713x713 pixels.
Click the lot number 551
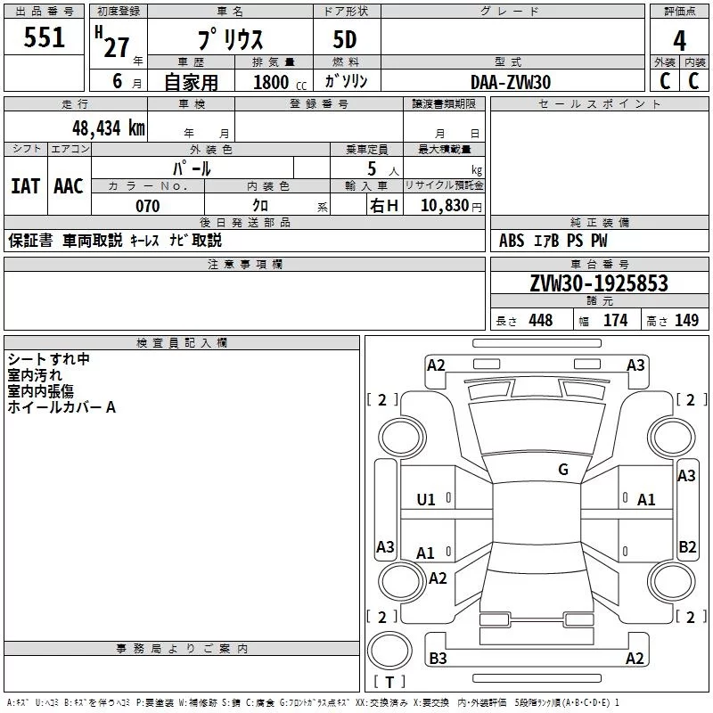[44, 37]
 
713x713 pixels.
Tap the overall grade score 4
[679, 40]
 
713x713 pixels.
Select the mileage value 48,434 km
[109, 128]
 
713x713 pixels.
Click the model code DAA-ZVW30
[510, 82]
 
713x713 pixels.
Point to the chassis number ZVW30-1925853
[599, 283]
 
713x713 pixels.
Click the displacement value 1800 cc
[280, 82]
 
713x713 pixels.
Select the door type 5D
[345, 40]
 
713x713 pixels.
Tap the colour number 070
[148, 206]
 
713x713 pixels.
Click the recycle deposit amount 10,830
[444, 205]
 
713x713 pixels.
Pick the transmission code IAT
[26, 186]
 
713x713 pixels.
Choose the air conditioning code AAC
[69, 186]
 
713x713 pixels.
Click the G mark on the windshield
[563, 469]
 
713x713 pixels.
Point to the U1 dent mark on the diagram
[426, 500]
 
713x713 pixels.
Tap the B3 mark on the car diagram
[438, 658]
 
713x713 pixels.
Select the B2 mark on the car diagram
[687, 546]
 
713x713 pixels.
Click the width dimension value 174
[615, 320]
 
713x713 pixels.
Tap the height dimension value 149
[686, 320]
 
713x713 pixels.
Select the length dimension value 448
[541, 320]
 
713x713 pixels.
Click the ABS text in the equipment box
[512, 241]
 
